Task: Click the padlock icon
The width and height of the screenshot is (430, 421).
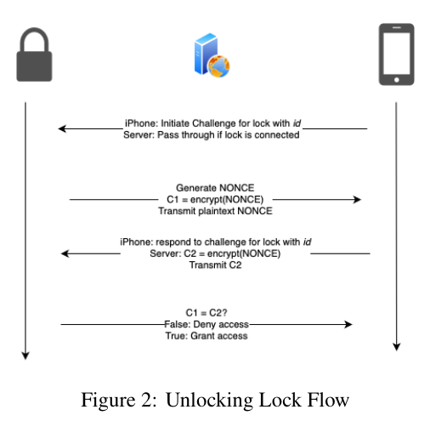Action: (x=34, y=54)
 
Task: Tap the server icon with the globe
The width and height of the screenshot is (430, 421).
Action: (x=212, y=55)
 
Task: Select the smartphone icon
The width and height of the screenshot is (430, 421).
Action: (x=396, y=54)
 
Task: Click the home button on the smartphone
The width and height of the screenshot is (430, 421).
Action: (x=397, y=80)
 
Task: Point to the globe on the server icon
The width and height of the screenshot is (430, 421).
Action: (x=218, y=66)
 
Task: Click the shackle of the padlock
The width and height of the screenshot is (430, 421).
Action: (x=34, y=40)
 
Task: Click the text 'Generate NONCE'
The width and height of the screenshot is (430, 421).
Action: (x=215, y=188)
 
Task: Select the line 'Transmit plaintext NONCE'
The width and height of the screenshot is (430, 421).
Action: (x=215, y=211)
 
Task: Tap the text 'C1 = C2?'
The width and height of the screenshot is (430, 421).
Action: (x=207, y=313)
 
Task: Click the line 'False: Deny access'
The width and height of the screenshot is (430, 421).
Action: (x=207, y=324)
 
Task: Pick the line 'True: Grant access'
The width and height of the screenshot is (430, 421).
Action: (x=207, y=336)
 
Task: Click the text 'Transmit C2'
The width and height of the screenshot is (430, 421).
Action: (x=215, y=265)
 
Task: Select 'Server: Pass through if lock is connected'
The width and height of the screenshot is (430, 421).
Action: (x=212, y=135)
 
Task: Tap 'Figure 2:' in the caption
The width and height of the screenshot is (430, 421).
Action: (x=119, y=400)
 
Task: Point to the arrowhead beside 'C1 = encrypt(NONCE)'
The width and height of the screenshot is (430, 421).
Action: (x=357, y=200)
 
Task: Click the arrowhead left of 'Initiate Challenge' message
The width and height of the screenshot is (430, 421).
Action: (x=62, y=128)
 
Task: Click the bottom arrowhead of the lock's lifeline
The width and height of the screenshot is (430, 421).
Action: (x=25, y=356)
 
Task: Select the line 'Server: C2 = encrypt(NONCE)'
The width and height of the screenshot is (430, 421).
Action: (x=215, y=253)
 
